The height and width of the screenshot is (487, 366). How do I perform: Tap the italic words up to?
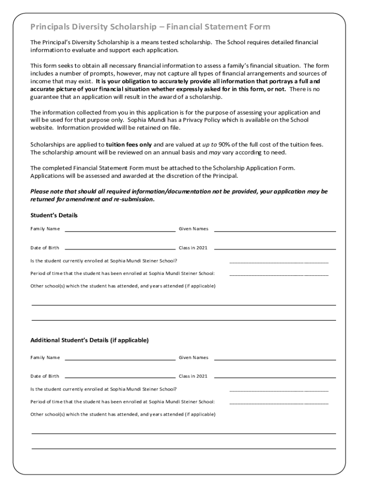210,144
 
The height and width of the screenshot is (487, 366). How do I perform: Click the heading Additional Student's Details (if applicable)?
89,341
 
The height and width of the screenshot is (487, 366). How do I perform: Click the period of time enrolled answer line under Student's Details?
279,274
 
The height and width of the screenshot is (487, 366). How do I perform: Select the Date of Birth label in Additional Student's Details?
45,376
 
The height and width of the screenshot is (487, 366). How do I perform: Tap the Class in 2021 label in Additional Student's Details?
193,376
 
